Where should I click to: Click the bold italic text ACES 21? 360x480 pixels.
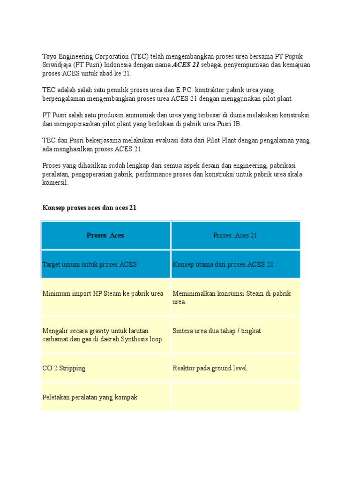[x=186, y=65]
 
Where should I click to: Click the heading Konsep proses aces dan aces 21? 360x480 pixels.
[x=89, y=208]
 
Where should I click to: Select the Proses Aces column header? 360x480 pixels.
[x=105, y=235]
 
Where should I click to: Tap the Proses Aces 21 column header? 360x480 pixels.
[x=235, y=235]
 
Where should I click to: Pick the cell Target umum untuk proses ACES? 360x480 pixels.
[x=91, y=264]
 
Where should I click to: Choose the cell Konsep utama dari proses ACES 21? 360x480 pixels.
[x=225, y=264]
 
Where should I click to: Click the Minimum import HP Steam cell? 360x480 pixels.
[x=103, y=293]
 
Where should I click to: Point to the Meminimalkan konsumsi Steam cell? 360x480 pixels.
[x=232, y=297]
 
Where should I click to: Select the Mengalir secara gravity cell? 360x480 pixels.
[x=103, y=335]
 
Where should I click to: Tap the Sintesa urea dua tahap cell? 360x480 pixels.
[x=217, y=331]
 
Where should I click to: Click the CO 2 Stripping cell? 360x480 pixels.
[x=65, y=368]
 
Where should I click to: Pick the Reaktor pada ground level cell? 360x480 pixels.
[x=210, y=368]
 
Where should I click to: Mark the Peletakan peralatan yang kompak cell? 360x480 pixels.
[x=91, y=397]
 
